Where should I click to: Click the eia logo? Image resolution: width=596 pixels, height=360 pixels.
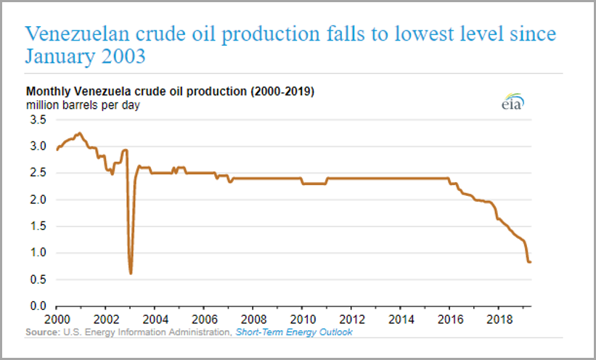(512, 104)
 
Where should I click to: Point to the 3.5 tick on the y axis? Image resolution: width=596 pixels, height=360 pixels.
(37, 120)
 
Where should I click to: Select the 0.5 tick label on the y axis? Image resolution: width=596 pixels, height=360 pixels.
(37, 279)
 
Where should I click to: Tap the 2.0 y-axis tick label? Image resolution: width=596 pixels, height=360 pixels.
(37, 200)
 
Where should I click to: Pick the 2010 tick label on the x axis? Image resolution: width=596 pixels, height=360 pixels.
(302, 319)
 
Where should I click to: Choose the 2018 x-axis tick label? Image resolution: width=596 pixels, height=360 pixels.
(498, 319)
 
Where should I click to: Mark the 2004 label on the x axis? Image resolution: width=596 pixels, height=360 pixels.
(155, 319)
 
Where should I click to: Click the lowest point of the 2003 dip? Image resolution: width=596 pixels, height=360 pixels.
(131, 273)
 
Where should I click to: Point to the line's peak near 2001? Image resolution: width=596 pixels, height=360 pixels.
(80, 134)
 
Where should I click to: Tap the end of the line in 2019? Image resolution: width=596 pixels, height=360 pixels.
(530, 262)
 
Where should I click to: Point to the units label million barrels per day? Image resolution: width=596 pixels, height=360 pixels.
(83, 105)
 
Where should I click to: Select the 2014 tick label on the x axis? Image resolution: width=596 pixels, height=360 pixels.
(400, 319)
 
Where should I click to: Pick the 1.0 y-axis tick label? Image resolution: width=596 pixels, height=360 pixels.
(37, 253)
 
